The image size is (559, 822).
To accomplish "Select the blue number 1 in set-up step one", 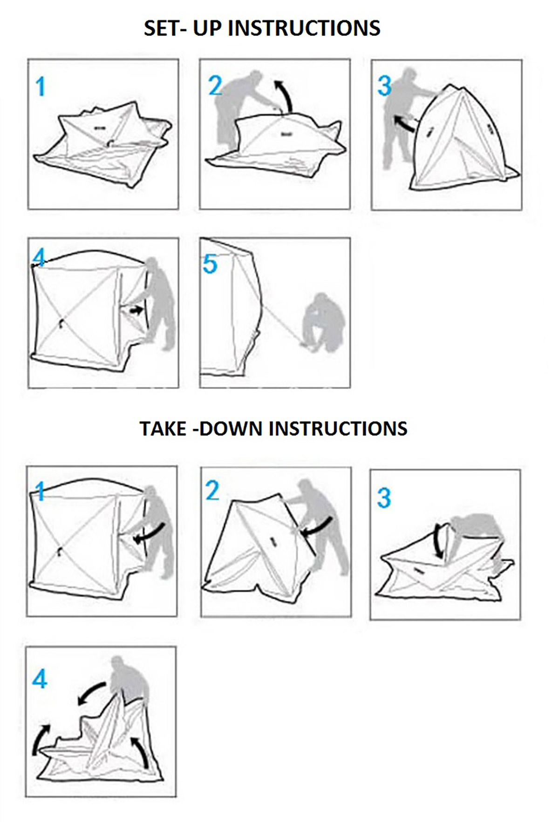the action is click(41, 87).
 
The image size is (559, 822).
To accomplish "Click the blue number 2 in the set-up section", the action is click(215, 86).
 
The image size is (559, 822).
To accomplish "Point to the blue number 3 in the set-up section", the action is click(384, 86).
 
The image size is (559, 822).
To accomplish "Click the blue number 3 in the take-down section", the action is click(384, 498).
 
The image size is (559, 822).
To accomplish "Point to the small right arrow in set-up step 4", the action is click(136, 310).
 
